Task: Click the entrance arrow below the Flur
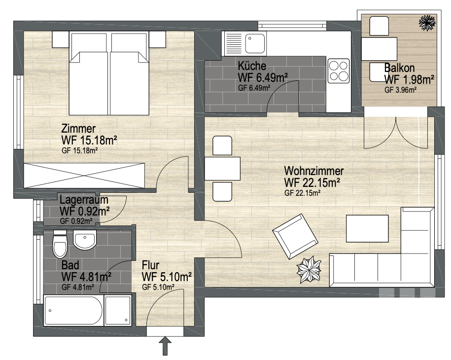click(x=165, y=346)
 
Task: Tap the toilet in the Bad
click(x=60, y=244)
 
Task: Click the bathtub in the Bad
click(x=73, y=311)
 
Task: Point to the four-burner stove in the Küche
click(x=339, y=71)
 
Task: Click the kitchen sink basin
click(x=255, y=43)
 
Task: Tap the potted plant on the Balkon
click(x=427, y=22)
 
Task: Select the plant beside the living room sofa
click(x=309, y=270)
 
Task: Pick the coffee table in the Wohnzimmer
click(x=367, y=228)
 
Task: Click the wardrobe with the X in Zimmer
click(x=84, y=176)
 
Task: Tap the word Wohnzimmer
click(x=314, y=171)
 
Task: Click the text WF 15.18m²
click(x=89, y=141)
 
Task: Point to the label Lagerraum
click(x=84, y=199)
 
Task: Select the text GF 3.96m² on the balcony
click(x=400, y=90)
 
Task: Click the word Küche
click(x=252, y=66)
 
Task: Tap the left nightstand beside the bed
click(x=61, y=39)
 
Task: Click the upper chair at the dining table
click(x=222, y=146)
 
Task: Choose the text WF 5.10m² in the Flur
click(x=167, y=277)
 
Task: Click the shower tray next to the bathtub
click(x=118, y=311)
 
